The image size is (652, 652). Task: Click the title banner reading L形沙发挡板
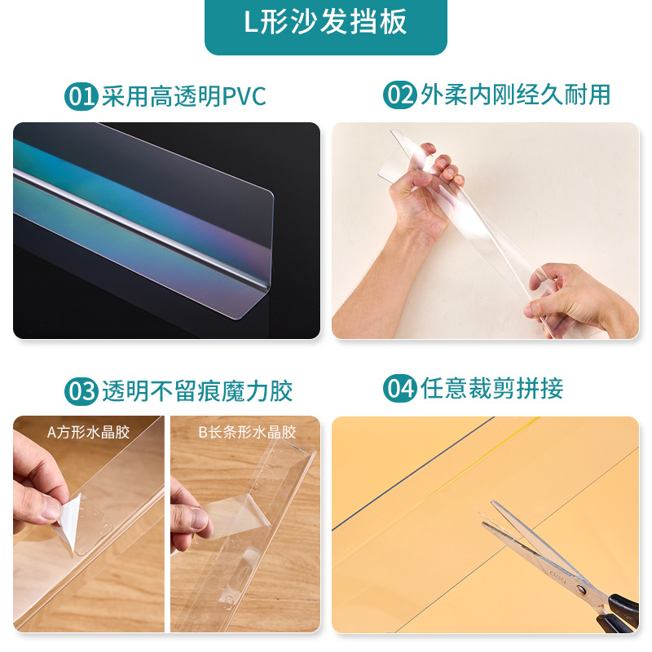click(326, 24)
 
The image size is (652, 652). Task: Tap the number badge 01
click(81, 96)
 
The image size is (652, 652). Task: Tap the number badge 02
click(400, 95)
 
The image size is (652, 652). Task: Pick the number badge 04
click(400, 389)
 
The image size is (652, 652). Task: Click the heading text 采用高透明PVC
click(184, 96)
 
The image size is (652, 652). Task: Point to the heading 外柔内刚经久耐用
click(515, 95)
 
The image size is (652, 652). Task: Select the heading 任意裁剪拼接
click(491, 389)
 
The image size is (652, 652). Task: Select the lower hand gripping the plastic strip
click(570, 297)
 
